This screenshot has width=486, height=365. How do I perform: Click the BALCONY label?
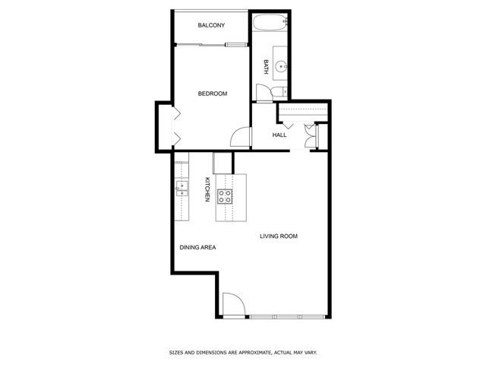coord(211,26)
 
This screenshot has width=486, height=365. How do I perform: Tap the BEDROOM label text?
coord(213,94)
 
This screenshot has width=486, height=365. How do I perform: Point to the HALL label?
coord(279,135)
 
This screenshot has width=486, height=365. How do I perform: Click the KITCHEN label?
coord(207,189)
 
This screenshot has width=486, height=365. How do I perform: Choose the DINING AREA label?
coord(198,248)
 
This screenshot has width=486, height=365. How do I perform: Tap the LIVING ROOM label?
coord(279,236)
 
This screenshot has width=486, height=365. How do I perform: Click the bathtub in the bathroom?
coord(270,23)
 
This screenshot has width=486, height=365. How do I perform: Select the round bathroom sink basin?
coord(279,65)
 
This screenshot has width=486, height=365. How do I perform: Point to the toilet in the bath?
coord(276,92)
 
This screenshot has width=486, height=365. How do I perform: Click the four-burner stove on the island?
coord(226,197)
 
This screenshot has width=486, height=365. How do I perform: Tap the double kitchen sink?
coord(182,189)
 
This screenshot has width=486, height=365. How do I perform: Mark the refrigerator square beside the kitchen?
coord(222,162)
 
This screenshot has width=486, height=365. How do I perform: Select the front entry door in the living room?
coord(233,306)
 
